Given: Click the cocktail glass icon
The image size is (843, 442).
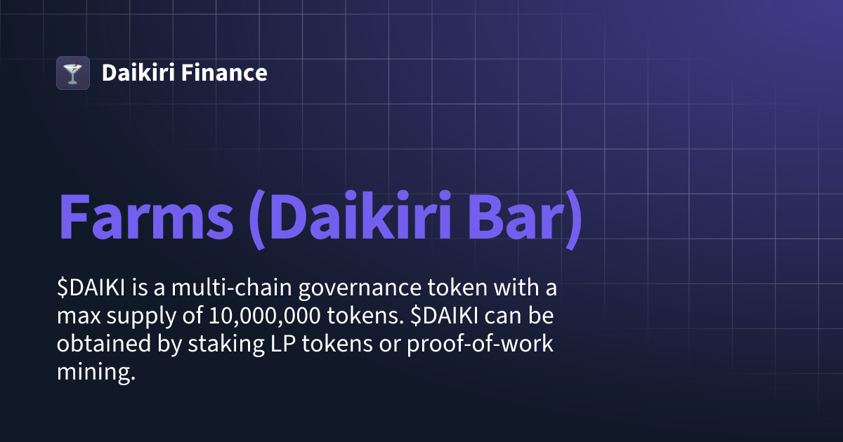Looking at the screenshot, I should tap(72, 73).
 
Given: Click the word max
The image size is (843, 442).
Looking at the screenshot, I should tap(77, 317).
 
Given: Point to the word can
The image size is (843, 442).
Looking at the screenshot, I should tap(503, 317).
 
